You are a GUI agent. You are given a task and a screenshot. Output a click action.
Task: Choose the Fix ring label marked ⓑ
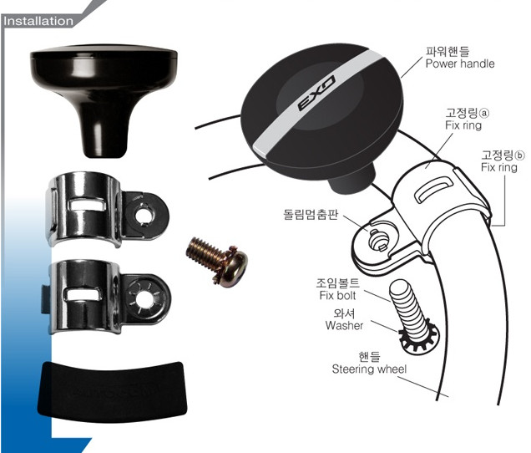pyautogui.click(x=499, y=167)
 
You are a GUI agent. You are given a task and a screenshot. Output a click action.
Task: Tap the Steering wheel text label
pyautogui.click(x=370, y=369)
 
